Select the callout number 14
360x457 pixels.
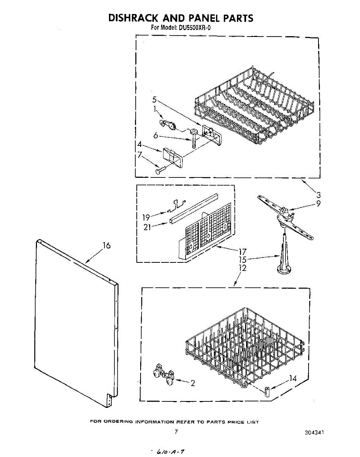(x=293, y=379)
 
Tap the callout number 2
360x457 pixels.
(x=193, y=383)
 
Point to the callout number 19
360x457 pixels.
(x=146, y=217)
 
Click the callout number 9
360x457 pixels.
(x=318, y=203)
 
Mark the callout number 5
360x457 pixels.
(x=154, y=100)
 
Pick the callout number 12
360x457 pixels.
(x=242, y=268)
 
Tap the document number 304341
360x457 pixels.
(x=314, y=433)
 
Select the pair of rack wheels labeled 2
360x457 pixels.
(x=163, y=375)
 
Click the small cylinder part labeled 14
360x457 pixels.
(x=266, y=391)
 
